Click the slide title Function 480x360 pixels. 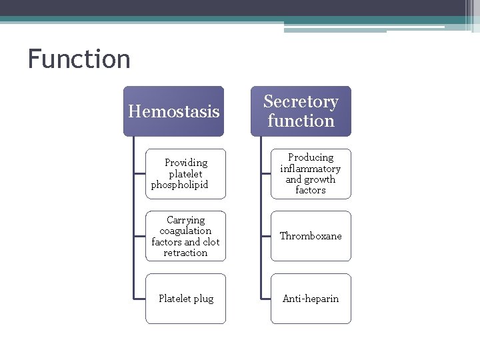coord(79,59)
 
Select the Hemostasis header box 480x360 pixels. coord(173,111)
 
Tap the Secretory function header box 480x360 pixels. coord(301,111)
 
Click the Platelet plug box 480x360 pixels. coord(185,299)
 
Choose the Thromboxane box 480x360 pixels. coord(311,236)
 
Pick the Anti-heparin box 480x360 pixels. coord(311,299)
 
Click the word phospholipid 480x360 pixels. coord(180,185)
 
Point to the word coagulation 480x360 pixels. coord(185,231)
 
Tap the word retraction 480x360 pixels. coord(185,253)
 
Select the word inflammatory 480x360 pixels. coord(311,169)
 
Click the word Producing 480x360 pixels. coord(311,157)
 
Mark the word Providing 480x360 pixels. coord(186,163)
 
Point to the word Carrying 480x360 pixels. coord(185,220)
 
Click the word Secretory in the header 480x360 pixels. coord(301,102)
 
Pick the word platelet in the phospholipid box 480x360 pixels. coord(185,174)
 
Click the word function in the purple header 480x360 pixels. coord(301,121)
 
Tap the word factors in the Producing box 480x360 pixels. coord(311,190)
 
